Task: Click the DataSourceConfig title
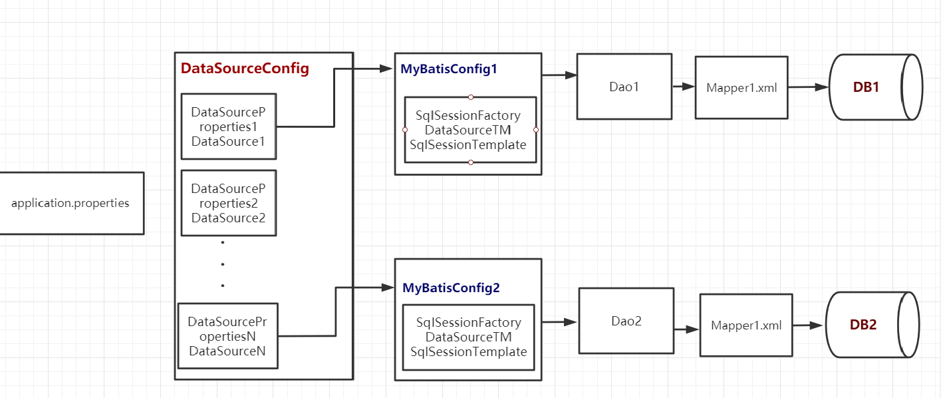point(245,69)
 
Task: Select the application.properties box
point(70,203)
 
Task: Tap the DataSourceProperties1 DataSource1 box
point(228,126)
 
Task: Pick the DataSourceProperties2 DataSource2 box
point(228,203)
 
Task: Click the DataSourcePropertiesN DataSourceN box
point(227,336)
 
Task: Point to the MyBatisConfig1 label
point(449,69)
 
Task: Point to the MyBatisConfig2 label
point(451,288)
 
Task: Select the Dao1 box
point(624,87)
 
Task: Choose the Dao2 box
point(626,321)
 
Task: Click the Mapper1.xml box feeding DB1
point(741,87)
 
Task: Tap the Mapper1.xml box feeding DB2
point(745,325)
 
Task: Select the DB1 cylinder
point(875,87)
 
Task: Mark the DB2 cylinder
point(871,325)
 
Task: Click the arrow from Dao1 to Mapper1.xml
point(683,87)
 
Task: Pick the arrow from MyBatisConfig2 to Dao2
point(559,322)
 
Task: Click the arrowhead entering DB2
point(817,325)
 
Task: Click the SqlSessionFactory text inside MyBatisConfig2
point(469,323)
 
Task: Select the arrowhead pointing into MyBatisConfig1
point(387,69)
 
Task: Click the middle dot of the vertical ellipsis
point(222,264)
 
